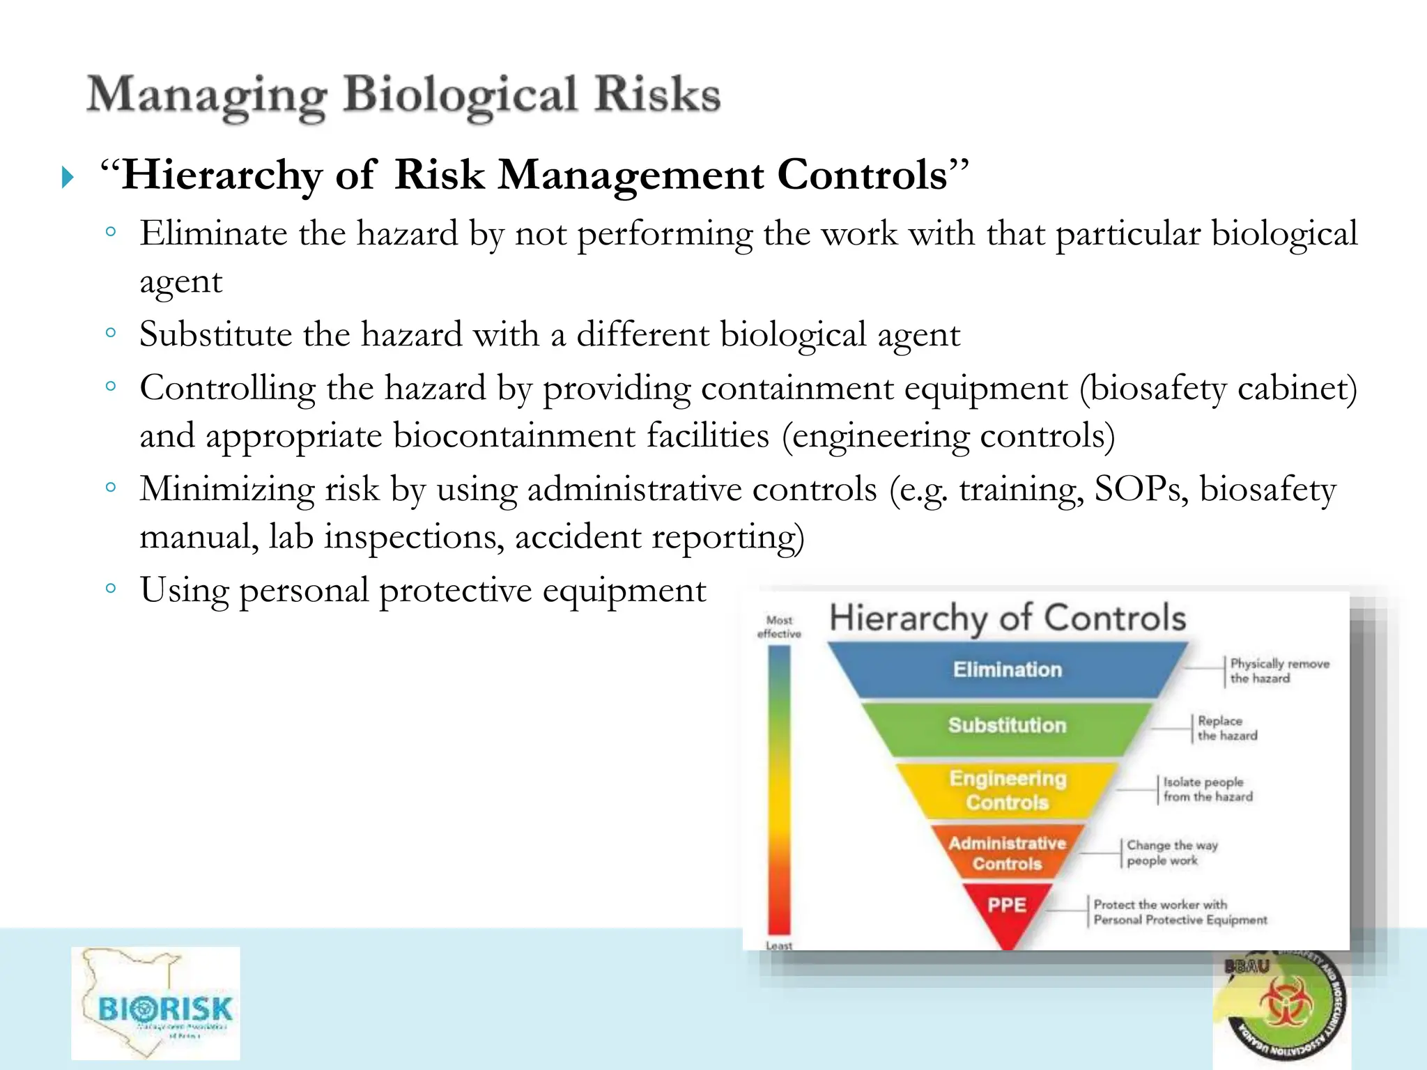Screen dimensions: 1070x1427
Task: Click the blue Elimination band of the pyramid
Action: point(1008,669)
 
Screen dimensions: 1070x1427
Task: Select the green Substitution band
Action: point(1008,725)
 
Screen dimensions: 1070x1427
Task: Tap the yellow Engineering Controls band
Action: point(1008,790)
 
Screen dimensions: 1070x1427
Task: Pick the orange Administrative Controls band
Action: point(1008,853)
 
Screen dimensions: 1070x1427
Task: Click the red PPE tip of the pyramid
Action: point(1007,906)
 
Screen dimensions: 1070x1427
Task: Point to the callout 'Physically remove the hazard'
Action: point(1279,671)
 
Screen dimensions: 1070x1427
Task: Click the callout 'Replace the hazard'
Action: point(1227,728)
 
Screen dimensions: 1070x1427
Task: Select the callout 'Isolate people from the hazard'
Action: point(1208,789)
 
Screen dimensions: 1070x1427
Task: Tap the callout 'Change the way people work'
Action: point(1172,853)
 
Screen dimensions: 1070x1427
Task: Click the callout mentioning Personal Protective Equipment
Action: point(1180,913)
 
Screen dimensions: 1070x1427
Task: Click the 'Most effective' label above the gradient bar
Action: point(779,627)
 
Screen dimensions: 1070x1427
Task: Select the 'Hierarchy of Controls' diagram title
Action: point(1008,618)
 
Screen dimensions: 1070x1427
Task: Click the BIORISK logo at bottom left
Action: point(156,1003)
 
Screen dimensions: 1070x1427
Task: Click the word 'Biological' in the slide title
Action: point(461,95)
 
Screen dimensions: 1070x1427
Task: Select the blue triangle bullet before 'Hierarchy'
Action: point(68,177)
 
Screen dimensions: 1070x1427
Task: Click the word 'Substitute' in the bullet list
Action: point(215,334)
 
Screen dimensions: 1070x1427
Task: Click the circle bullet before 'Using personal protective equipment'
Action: point(111,588)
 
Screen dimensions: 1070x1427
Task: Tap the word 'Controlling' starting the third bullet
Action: point(227,388)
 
